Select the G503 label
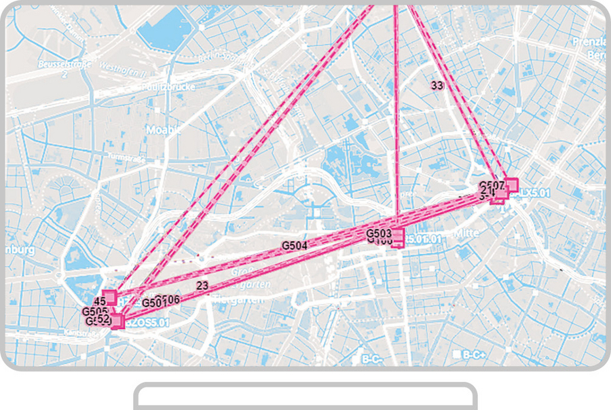pyautogui.click(x=379, y=234)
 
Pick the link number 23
pyautogui.click(x=202, y=286)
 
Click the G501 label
pyautogui.click(x=153, y=301)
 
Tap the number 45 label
pyautogui.click(x=99, y=301)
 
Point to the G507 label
pyautogui.click(x=492, y=185)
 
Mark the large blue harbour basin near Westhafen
pyautogui.click(x=163, y=31)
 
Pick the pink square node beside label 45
pyautogui.click(x=110, y=297)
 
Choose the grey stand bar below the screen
pyautogui.click(x=305, y=397)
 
